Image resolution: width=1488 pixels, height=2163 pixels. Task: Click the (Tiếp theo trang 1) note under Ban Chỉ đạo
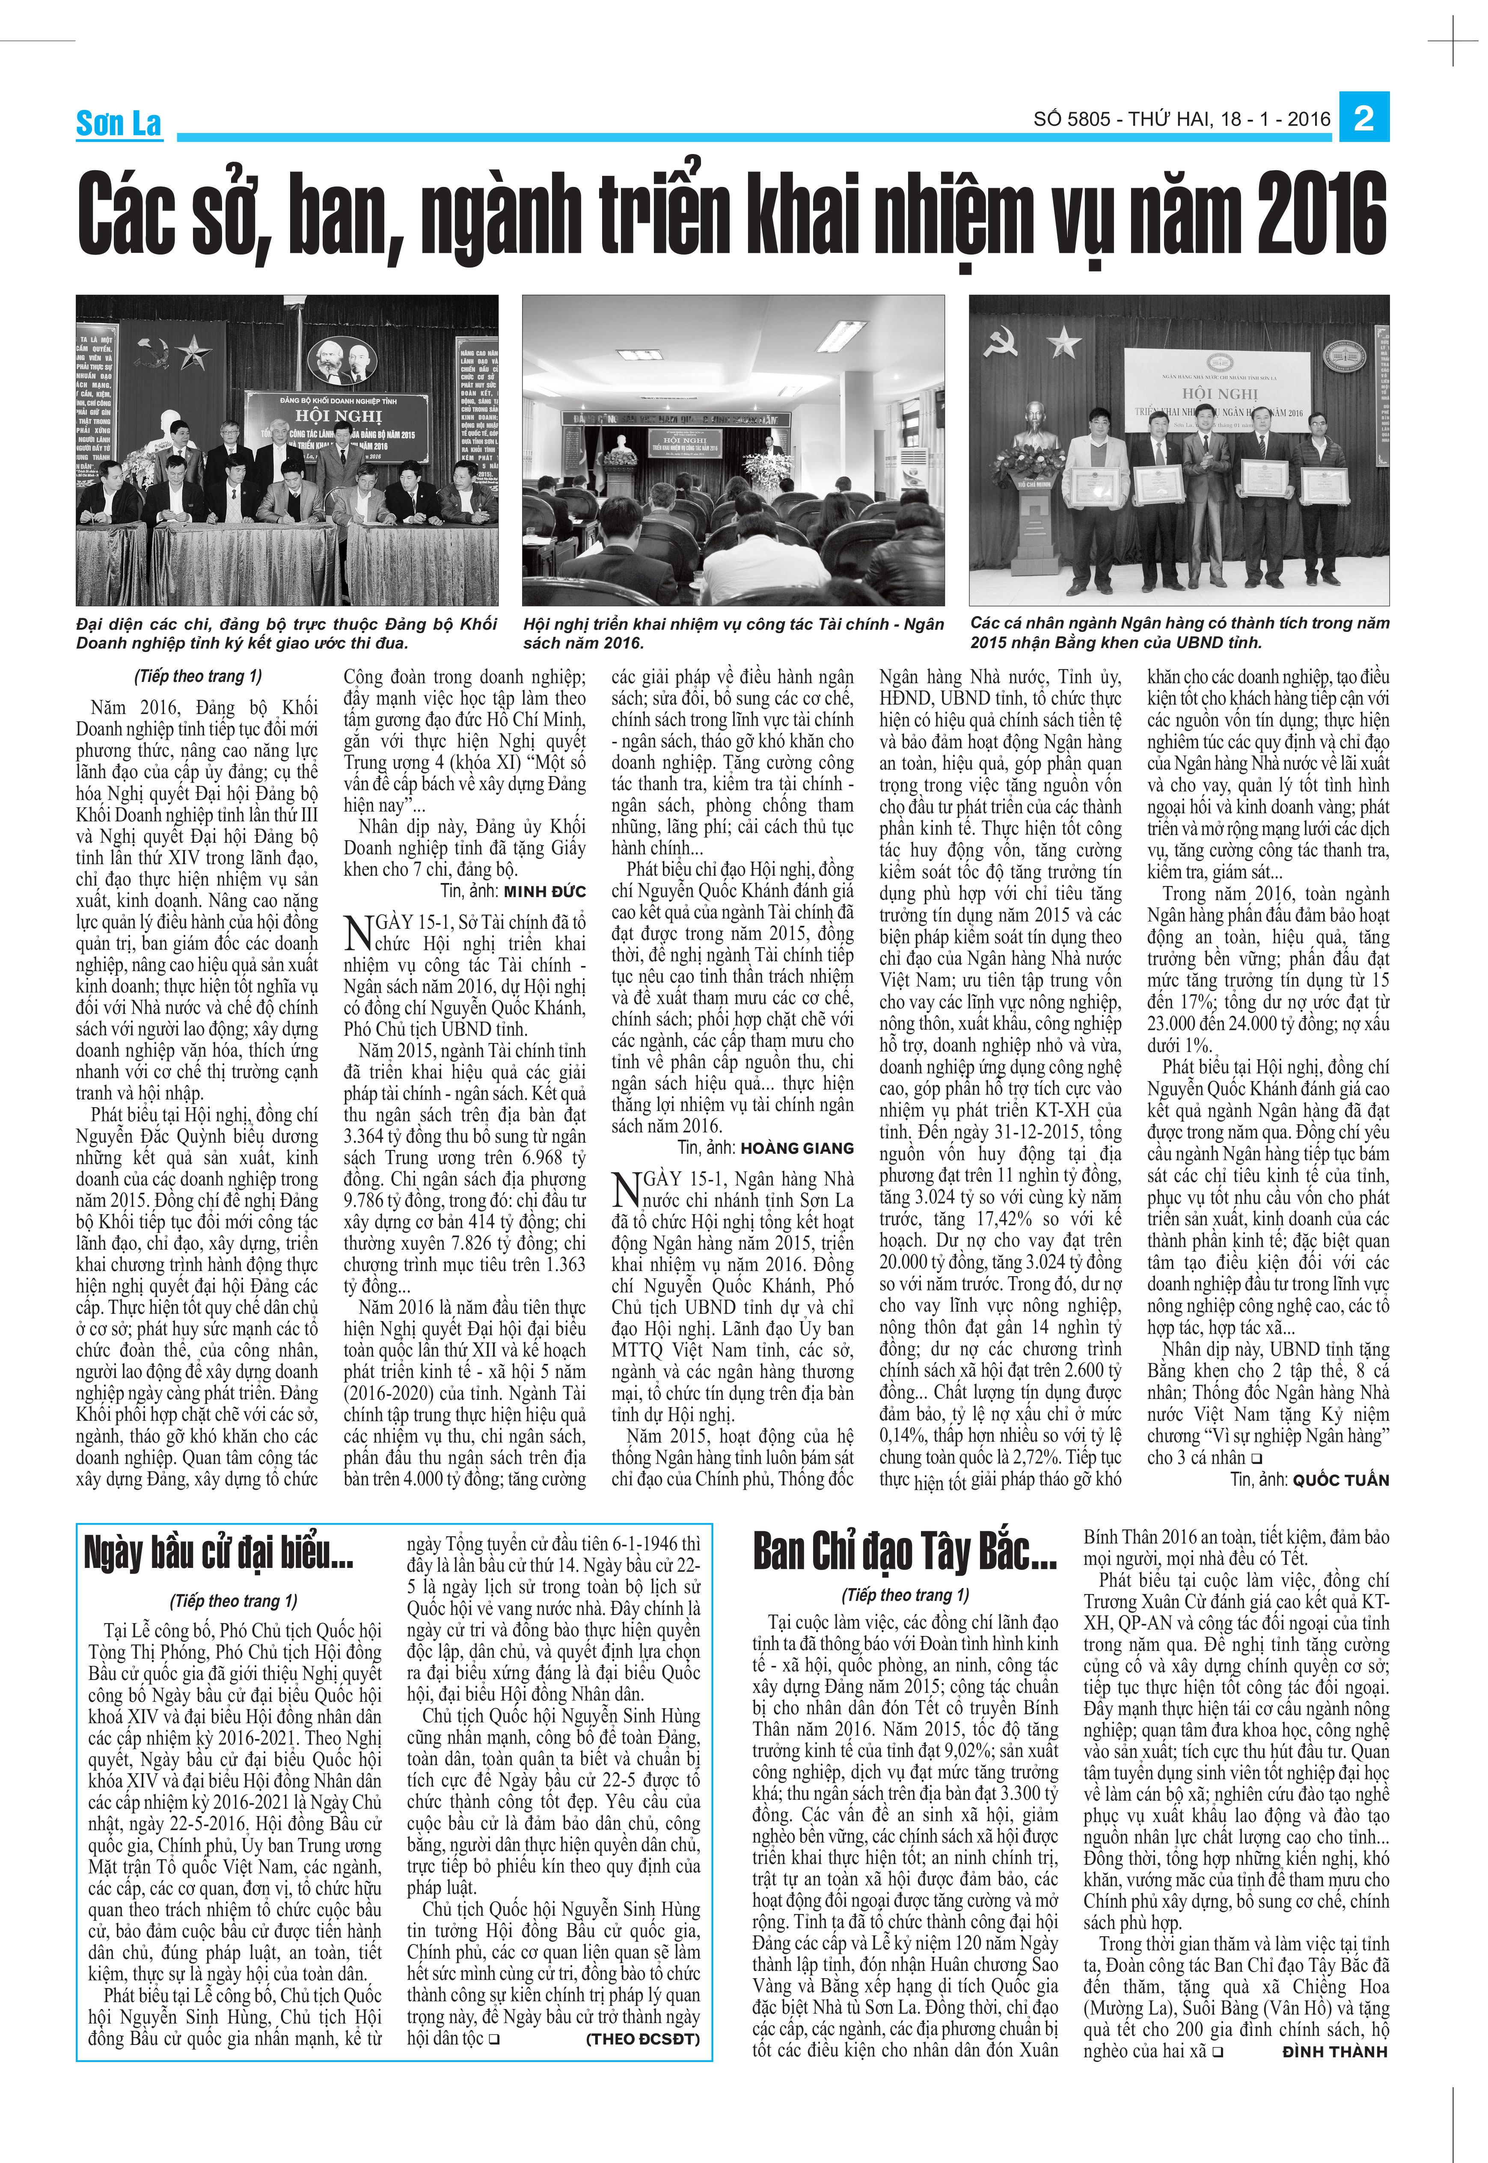[904, 1594]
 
